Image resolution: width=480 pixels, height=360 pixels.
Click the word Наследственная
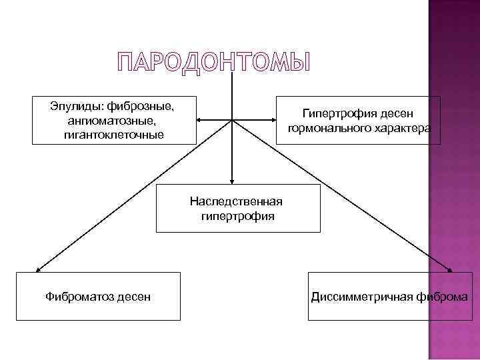[x=236, y=201]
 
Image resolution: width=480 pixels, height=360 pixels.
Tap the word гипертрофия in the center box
[x=237, y=216]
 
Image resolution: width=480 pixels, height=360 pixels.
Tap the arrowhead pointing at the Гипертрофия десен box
[x=275, y=120]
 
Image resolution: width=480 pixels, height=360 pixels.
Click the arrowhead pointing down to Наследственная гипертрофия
[x=232, y=181]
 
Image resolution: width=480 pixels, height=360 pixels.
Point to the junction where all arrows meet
[x=232, y=120]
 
